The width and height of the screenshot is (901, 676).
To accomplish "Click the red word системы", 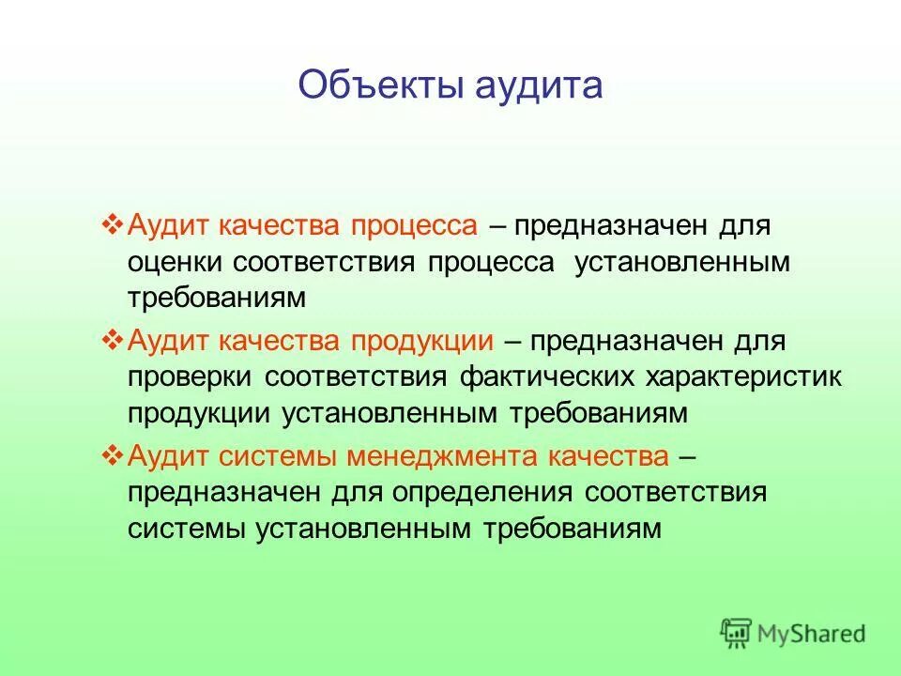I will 280,457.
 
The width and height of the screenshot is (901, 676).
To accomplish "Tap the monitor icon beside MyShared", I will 737,632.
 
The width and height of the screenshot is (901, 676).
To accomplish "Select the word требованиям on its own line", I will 218,299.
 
